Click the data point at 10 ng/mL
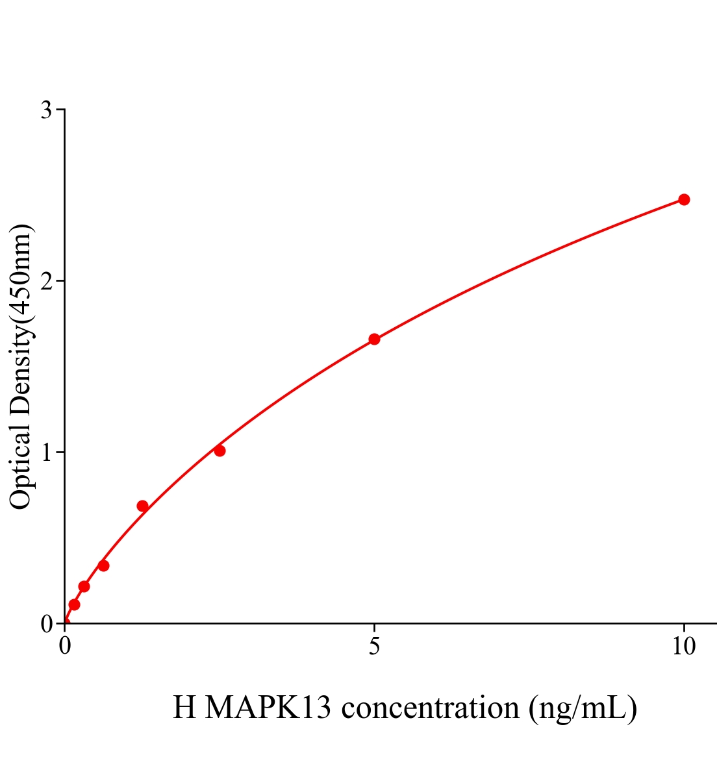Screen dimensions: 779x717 pyautogui.click(x=683, y=199)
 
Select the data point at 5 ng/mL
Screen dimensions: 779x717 pyautogui.click(x=374, y=339)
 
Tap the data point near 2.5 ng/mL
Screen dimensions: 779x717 pyautogui.click(x=220, y=451)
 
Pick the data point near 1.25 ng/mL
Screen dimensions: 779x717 pyautogui.click(x=142, y=506)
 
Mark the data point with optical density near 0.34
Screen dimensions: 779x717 pyautogui.click(x=103, y=565)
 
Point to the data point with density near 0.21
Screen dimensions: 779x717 pyautogui.click(x=84, y=586)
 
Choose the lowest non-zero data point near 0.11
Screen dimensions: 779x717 pyautogui.click(x=74, y=604)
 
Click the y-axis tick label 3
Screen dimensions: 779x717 pyautogui.click(x=47, y=110)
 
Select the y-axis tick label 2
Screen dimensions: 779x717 pyautogui.click(x=47, y=281)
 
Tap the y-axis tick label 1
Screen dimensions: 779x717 pyautogui.click(x=47, y=452)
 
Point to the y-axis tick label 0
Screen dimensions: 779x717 pyautogui.click(x=47, y=624)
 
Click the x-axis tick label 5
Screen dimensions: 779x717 pyautogui.click(x=374, y=646)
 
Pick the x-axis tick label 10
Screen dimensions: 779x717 pyautogui.click(x=683, y=646)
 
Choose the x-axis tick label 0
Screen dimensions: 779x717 pyautogui.click(x=65, y=646)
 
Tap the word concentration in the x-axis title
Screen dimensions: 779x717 pyautogui.click(x=430, y=708)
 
